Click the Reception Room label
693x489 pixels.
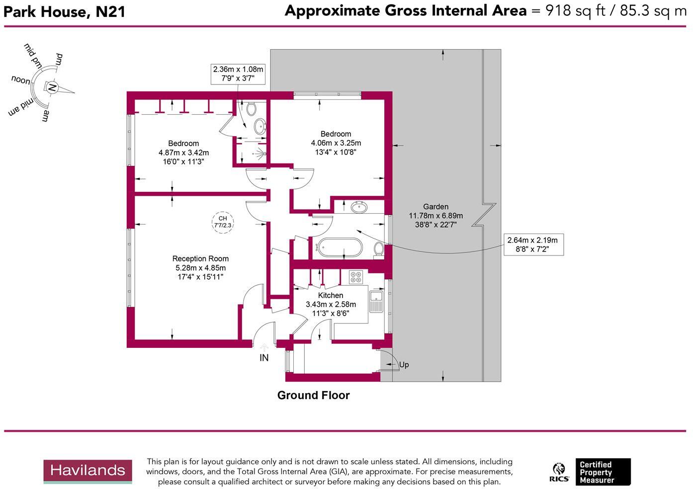tap(200, 258)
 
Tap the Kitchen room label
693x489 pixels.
tap(331, 295)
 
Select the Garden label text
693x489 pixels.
tap(435, 207)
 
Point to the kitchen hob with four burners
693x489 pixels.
tap(355, 277)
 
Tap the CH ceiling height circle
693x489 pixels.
tap(223, 222)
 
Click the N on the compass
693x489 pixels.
tap(52, 88)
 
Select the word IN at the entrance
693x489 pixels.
tap(264, 358)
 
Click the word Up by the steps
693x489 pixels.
tap(404, 365)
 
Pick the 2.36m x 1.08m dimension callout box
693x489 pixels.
tap(238, 74)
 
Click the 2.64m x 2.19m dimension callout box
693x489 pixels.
tap(532, 244)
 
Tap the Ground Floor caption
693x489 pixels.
tap(313, 395)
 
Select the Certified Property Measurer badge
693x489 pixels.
tap(602, 472)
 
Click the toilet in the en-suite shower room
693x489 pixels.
tap(252, 108)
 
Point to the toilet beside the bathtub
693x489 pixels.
tap(379, 248)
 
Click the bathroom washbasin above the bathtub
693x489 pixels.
tap(359, 207)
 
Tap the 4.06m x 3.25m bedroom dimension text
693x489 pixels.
tap(336, 143)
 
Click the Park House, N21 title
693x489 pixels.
tap(65, 11)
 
